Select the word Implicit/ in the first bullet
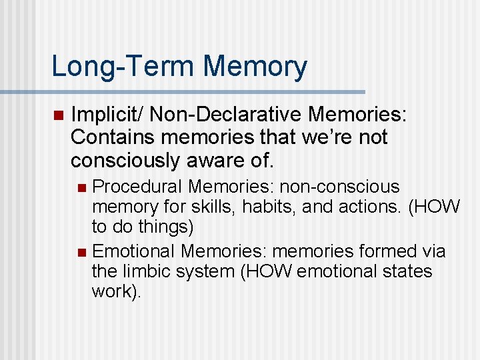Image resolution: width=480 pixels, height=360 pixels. tap(107, 116)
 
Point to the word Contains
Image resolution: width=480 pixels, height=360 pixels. tap(106, 138)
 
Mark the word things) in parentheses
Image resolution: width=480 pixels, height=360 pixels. tap(167, 227)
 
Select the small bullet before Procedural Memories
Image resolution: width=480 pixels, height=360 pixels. tap(81, 188)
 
